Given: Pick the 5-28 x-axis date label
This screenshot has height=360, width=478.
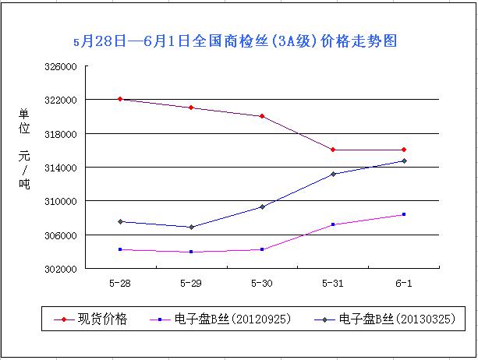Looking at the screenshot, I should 120,281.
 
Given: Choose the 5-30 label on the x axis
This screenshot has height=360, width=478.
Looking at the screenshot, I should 262,281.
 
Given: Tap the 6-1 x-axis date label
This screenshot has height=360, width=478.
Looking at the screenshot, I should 404,281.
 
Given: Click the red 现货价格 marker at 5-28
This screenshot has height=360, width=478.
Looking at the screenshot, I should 120,99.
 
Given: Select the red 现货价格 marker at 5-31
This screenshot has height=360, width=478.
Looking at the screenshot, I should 333,150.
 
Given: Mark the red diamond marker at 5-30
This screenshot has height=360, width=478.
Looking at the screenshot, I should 262,116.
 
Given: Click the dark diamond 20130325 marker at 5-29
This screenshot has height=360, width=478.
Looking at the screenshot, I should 191,227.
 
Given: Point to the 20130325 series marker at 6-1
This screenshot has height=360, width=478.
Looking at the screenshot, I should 404,161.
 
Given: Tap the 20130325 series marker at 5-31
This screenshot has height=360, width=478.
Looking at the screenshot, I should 333,174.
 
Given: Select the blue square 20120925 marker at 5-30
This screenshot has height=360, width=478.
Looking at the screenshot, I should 262,249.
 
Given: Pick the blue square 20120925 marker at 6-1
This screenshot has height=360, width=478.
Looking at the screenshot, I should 404,214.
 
